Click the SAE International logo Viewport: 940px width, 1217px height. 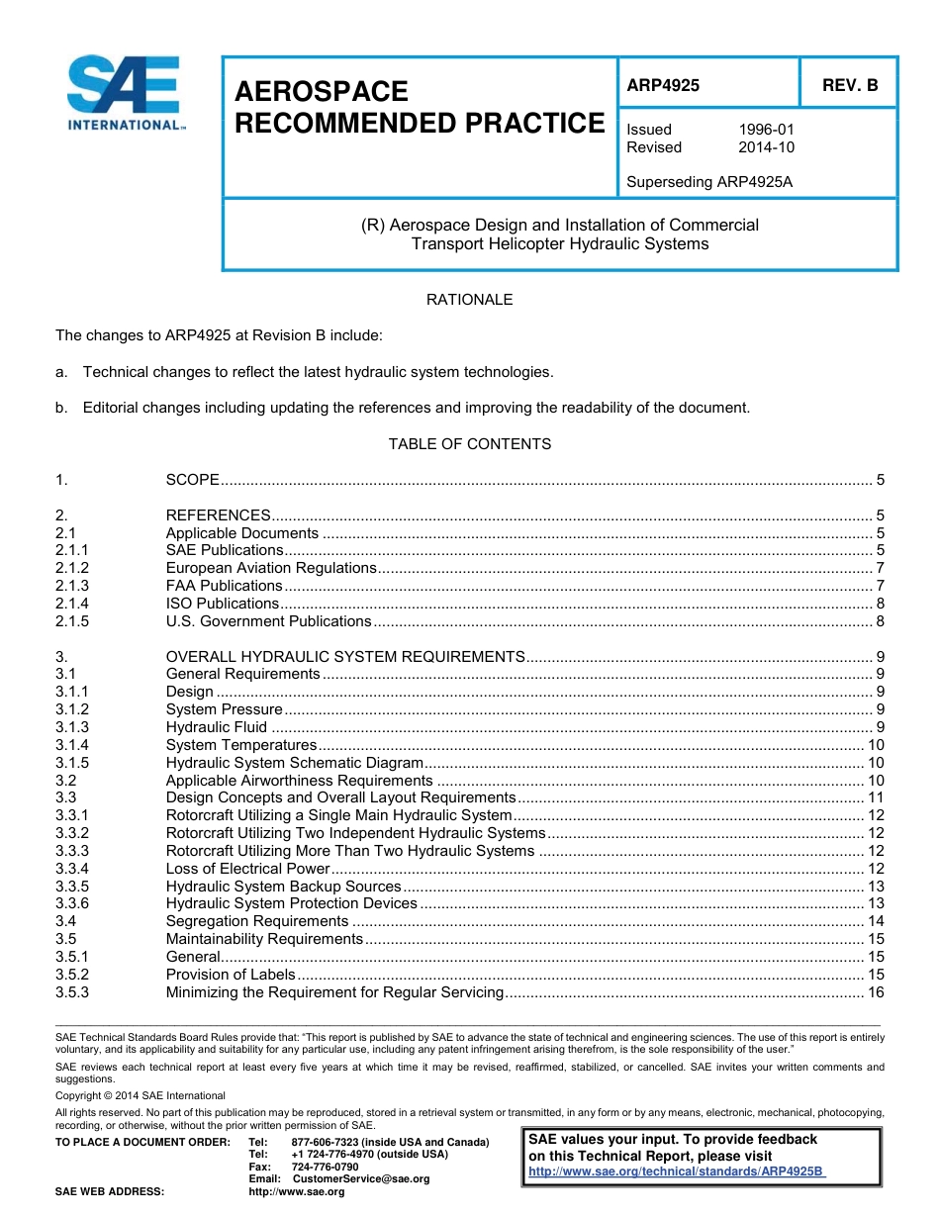(x=124, y=93)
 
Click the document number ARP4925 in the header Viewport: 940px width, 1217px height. (x=663, y=85)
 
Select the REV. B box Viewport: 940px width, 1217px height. (x=850, y=85)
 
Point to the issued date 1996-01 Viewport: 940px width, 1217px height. (x=766, y=130)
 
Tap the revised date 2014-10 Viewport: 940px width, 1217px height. (x=766, y=147)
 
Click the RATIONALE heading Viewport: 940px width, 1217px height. (x=469, y=299)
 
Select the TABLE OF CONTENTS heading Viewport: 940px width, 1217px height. (x=469, y=444)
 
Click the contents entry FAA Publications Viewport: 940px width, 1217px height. (x=224, y=586)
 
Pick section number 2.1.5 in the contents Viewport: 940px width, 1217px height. (x=72, y=621)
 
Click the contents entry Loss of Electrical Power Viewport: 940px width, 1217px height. (x=246, y=869)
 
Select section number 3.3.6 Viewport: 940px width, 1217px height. (x=72, y=903)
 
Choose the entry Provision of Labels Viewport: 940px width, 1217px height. (x=230, y=975)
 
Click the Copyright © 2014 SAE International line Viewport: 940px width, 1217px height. (x=140, y=1095)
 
